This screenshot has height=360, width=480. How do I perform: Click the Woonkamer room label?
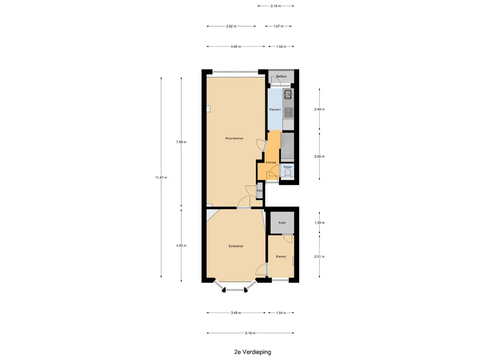[234, 138]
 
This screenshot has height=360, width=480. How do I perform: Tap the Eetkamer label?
[236, 246]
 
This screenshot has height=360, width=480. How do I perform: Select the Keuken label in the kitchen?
[275, 110]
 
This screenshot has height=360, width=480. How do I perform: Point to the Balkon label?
[281, 76]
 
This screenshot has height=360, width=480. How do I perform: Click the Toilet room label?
[287, 167]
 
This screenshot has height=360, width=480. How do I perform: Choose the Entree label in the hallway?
[271, 163]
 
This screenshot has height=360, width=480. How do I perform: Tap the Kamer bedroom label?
[281, 256]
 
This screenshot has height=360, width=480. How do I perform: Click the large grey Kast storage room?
[282, 223]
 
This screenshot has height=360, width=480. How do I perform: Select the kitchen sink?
[288, 94]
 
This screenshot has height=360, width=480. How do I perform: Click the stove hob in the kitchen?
[288, 112]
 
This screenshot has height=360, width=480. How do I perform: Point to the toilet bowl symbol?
[287, 174]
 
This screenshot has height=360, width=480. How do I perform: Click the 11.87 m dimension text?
[161, 178]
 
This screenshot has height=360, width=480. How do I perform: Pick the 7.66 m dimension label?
[181, 142]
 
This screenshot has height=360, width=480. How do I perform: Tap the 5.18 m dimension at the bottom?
[250, 333]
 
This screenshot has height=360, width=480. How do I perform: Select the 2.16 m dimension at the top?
[276, 6]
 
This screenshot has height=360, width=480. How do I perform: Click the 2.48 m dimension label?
[319, 109]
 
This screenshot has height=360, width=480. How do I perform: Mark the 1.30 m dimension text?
[319, 223]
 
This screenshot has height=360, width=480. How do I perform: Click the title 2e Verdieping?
[253, 352]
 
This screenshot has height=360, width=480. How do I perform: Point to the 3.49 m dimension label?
[236, 313]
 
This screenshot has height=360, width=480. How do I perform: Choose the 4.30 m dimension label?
[181, 246]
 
